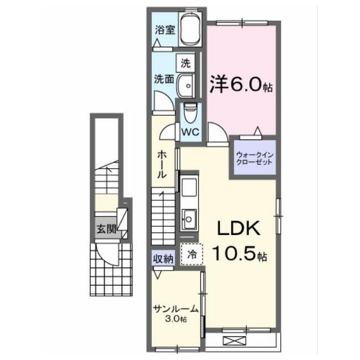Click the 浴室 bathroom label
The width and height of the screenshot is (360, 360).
coord(165,30)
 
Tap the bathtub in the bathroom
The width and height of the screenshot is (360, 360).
coord(190,29)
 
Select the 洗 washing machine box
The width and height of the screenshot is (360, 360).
coord(186,63)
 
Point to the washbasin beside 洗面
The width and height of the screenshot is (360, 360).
coord(186,86)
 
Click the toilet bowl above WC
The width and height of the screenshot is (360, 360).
coord(190,112)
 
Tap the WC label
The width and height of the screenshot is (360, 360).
coord(190,132)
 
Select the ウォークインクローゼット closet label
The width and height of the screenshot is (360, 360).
coord(255,159)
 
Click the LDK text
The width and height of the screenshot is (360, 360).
coord(238,228)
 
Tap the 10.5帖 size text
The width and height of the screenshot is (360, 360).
coord(240,254)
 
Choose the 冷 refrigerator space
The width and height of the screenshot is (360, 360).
coord(192,254)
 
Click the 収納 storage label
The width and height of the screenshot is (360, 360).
coord(163,259)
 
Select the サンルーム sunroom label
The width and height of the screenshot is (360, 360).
coord(176,309)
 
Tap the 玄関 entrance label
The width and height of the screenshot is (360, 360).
coord(106,229)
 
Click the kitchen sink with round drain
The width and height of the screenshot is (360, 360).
coord(189,219)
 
